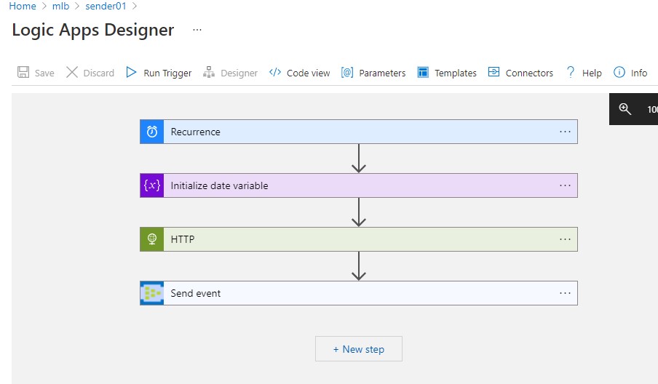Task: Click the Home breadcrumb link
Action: pyautogui.click(x=23, y=6)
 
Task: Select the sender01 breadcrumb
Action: pyautogui.click(x=106, y=6)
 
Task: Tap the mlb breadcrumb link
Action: pyautogui.click(x=60, y=6)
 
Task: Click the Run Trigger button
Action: pyautogui.click(x=159, y=73)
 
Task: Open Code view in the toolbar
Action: pyautogui.click(x=299, y=73)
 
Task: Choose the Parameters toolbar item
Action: pyautogui.click(x=373, y=73)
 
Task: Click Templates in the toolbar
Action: pyautogui.click(x=447, y=73)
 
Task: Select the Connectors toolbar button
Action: pyautogui.click(x=520, y=73)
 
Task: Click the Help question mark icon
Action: pyautogui.click(x=571, y=72)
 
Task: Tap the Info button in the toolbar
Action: pyautogui.click(x=630, y=73)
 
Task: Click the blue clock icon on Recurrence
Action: pyautogui.click(x=152, y=132)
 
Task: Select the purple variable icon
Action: pyautogui.click(x=152, y=185)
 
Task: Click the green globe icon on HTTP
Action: pyautogui.click(x=152, y=239)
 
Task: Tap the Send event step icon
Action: pyautogui.click(x=152, y=293)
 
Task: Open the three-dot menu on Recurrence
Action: pyautogui.click(x=565, y=132)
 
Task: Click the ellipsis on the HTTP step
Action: pyautogui.click(x=565, y=239)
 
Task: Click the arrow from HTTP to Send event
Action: pyautogui.click(x=359, y=265)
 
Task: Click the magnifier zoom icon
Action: pyautogui.click(x=625, y=109)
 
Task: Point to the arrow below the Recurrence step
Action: pyautogui.click(x=359, y=159)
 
